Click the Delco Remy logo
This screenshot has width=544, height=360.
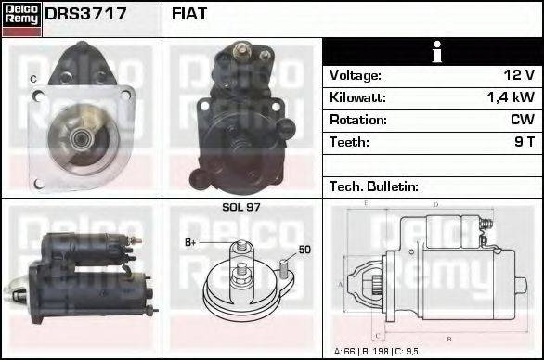21,18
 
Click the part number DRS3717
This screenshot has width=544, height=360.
85,15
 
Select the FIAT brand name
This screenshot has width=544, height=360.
190,15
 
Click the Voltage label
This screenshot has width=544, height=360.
355,75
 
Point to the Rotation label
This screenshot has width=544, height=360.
356,120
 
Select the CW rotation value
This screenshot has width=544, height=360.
523,120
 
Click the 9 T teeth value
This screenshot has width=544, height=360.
525,142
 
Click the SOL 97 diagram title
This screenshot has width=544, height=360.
240,207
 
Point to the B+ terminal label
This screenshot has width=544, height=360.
190,243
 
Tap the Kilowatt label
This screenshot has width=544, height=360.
357,97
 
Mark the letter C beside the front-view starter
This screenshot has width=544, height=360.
33,80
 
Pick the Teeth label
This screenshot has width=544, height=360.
349,142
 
